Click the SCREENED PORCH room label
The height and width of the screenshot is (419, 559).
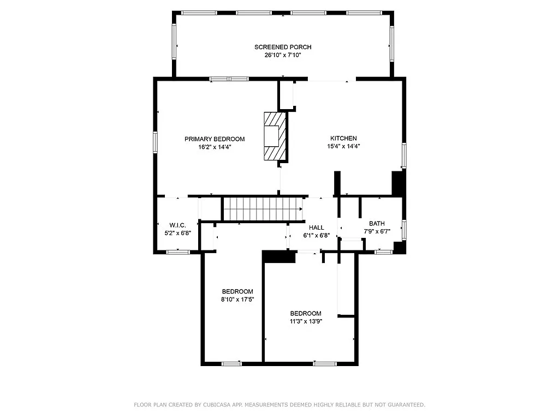(x=283, y=47)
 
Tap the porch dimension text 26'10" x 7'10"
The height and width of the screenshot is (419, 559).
(x=283, y=55)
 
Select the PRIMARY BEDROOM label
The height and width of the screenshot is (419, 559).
(x=214, y=139)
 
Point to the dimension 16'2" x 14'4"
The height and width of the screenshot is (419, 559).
(x=214, y=147)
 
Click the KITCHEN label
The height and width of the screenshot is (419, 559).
(x=343, y=139)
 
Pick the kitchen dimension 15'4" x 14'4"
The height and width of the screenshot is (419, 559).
(x=343, y=146)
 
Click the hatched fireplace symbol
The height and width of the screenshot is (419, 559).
(x=275, y=136)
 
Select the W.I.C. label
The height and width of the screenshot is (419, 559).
(x=177, y=225)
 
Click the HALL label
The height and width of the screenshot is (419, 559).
(x=316, y=228)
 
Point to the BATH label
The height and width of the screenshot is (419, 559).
(x=377, y=224)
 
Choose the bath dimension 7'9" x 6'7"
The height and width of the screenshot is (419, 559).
(x=377, y=231)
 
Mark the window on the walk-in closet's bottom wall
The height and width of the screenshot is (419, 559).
(x=178, y=252)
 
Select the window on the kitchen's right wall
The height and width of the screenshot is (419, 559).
(x=404, y=155)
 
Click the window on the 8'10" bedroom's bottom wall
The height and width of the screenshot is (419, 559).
(x=231, y=363)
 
